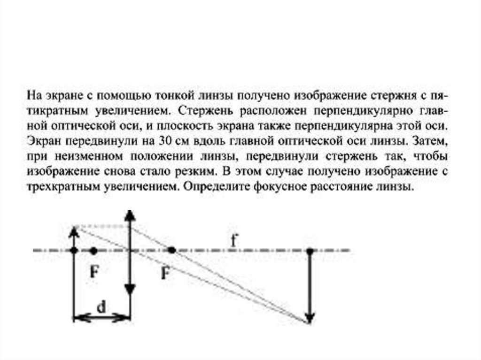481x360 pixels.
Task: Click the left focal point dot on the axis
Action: (93, 251)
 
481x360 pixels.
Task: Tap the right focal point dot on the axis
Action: (172, 251)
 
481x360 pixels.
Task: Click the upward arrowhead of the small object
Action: (74, 231)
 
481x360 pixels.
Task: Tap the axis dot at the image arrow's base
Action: (309, 251)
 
